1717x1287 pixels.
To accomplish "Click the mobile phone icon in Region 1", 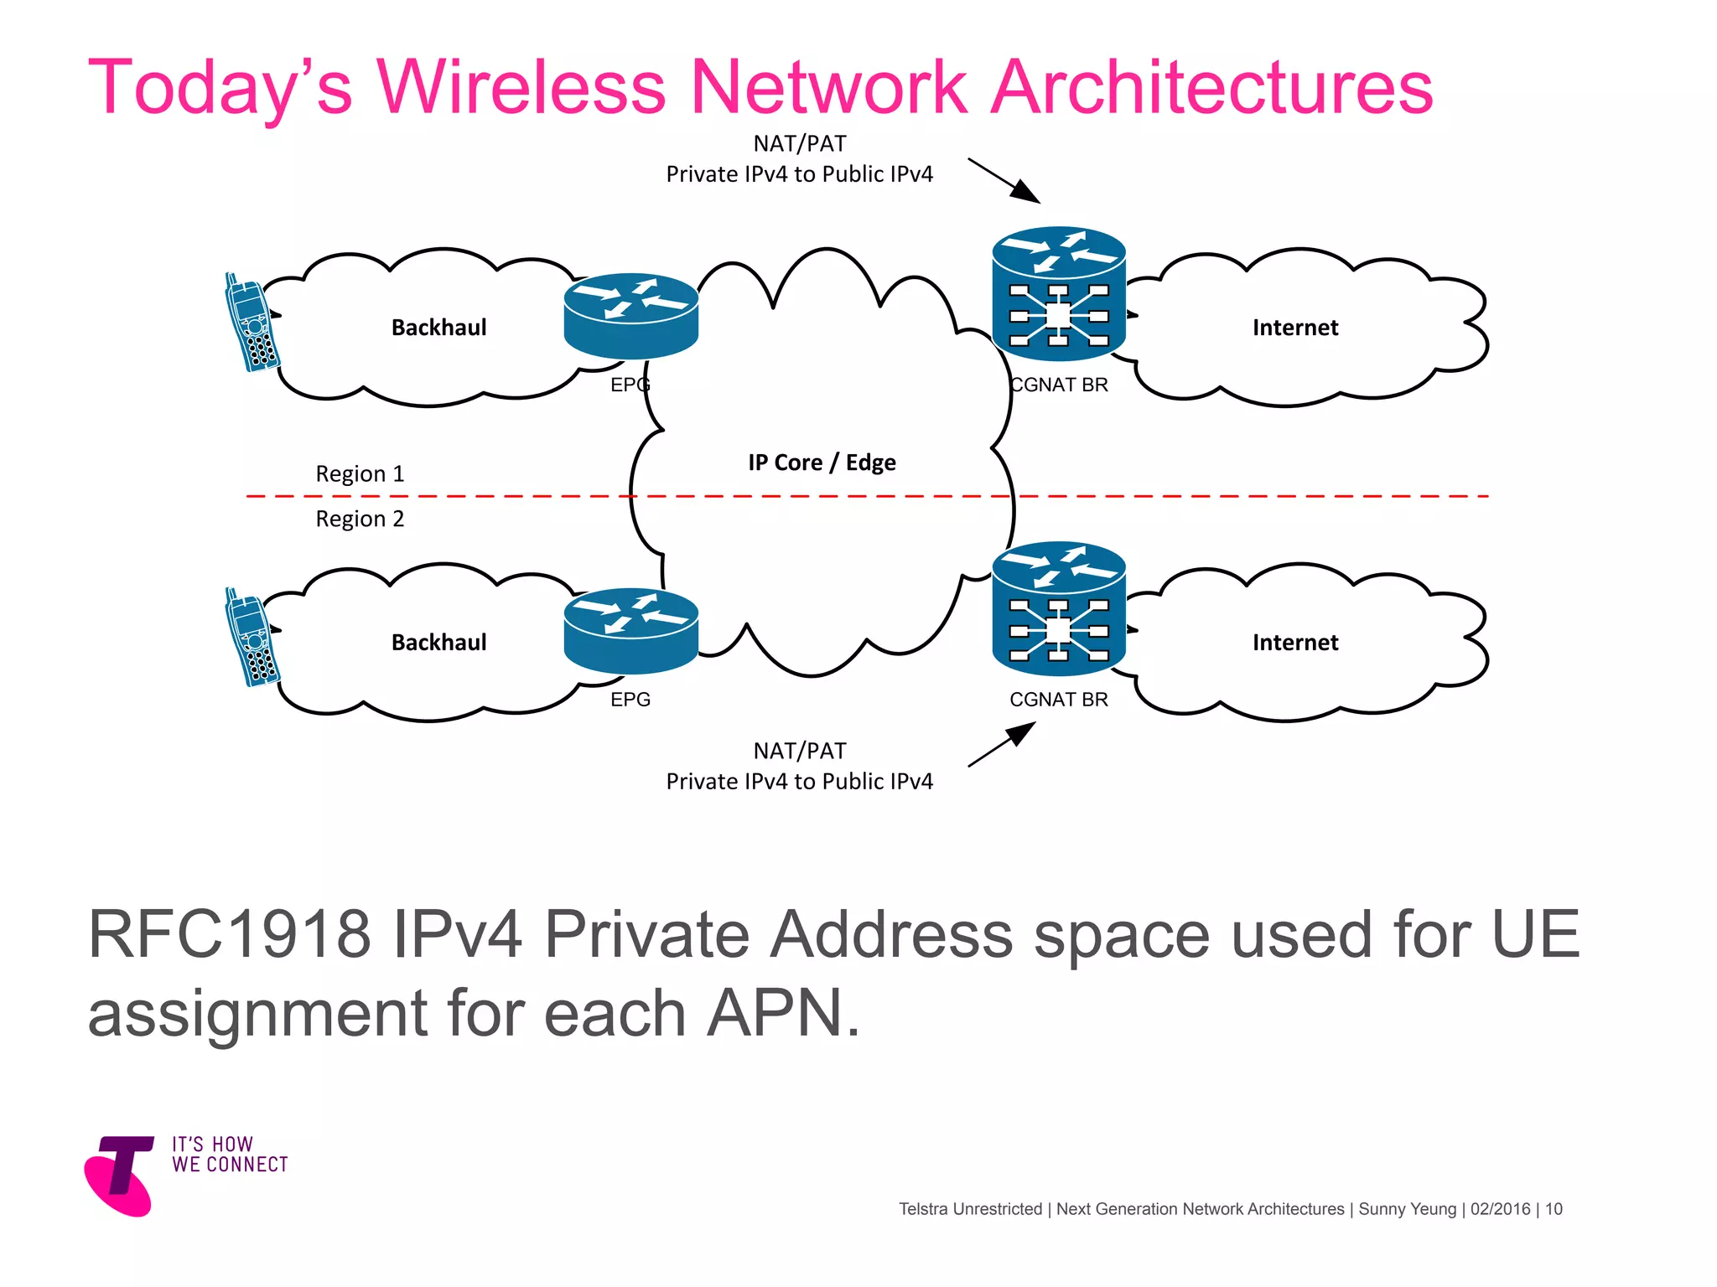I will point(251,323).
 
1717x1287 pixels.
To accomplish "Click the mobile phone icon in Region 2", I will point(251,638).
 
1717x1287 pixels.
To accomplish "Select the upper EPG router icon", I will point(630,317).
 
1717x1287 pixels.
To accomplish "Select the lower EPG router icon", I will point(630,632).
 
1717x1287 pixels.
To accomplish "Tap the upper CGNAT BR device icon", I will point(1058,293).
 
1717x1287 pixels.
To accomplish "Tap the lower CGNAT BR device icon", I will point(1058,608).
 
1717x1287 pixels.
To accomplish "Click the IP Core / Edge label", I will point(822,463).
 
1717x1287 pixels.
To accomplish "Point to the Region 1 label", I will point(360,474).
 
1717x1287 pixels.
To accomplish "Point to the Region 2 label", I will point(360,519).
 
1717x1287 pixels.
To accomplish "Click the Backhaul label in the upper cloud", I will point(438,328).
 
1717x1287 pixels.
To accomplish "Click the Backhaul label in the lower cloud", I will point(438,643).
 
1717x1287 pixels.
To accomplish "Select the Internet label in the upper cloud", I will point(1294,328).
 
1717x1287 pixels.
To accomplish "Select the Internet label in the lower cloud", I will point(1294,643).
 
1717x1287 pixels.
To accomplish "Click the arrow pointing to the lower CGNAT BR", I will point(1003,744).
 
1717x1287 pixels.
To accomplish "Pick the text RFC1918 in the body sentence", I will point(229,934).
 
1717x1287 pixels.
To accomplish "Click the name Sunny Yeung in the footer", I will point(1407,1209).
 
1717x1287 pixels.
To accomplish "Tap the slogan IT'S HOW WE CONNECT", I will point(230,1155).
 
